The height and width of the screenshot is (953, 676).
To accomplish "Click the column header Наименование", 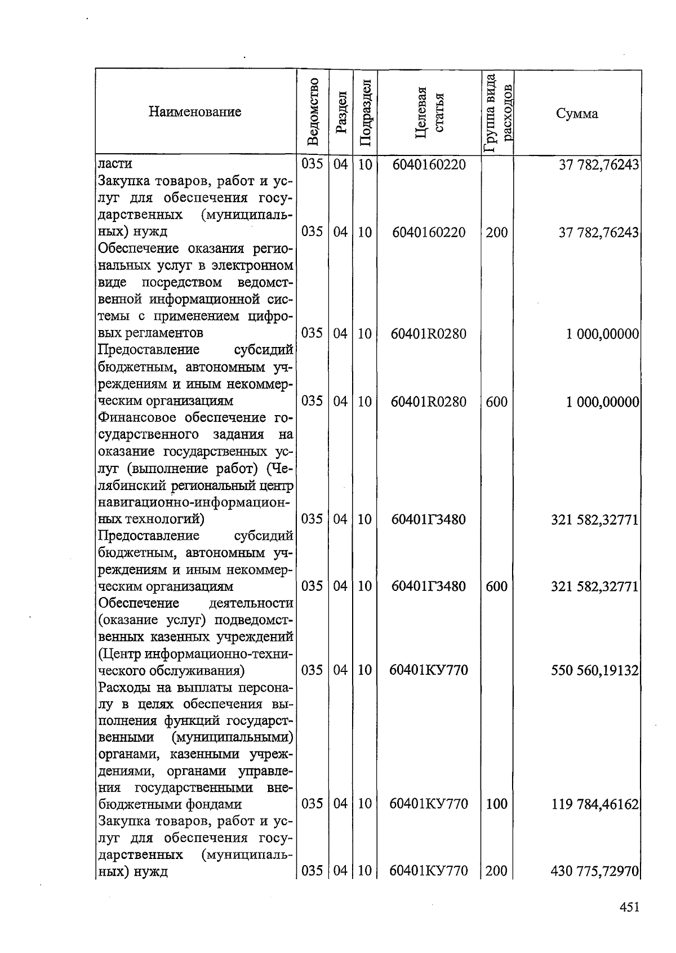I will point(195,112).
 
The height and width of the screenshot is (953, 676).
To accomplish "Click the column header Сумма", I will point(577,113).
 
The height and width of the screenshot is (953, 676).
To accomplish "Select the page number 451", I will point(629,907).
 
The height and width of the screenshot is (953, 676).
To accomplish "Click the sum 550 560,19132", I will point(595,670).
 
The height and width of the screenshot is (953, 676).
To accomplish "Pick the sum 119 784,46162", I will point(595,804).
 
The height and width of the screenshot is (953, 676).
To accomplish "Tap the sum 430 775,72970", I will point(595,871).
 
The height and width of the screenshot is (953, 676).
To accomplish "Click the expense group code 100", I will point(496,804).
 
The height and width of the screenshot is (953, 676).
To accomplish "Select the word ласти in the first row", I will point(115,164).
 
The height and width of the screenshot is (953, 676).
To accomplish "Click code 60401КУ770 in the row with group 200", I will point(429,871).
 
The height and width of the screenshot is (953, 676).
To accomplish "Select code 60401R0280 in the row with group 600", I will point(429,402).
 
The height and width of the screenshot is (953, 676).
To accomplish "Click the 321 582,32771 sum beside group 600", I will point(595,586).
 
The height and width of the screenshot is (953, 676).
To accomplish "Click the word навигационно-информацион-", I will point(195,502).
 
